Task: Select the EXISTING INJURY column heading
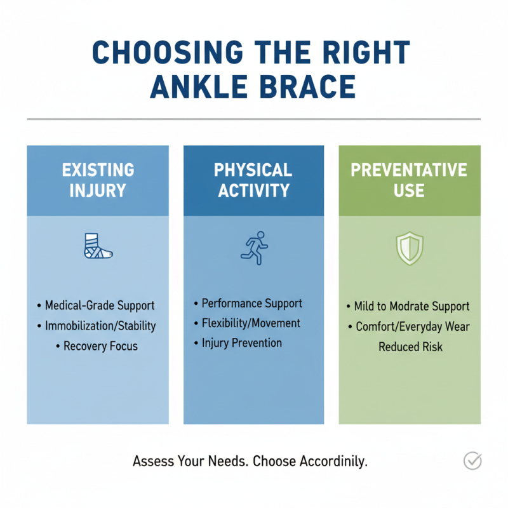pos(98,180)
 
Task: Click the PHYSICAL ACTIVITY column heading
pos(253,180)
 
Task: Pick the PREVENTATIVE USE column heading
pos(409,180)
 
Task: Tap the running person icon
pos(253,247)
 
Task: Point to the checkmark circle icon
pos(472,461)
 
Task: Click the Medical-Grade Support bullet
pos(100,305)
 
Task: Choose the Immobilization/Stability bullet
pos(100,326)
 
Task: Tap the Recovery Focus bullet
pos(100,347)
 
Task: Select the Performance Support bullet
pos(251,303)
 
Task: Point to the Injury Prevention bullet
pos(241,344)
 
